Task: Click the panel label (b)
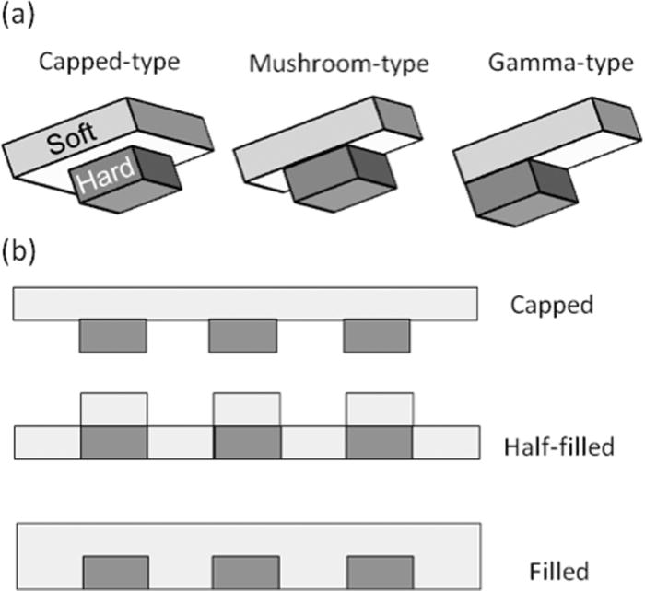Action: click(19, 252)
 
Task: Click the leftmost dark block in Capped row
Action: click(112, 336)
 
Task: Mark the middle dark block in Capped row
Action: click(244, 336)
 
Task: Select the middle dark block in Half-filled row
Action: click(247, 443)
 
